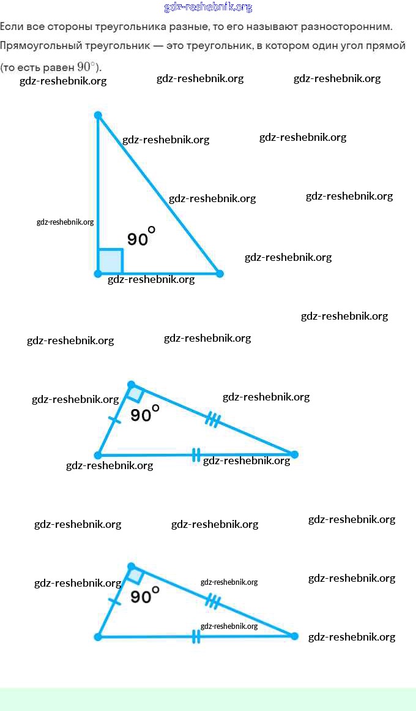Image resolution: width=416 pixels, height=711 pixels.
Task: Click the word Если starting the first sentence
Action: (x=11, y=27)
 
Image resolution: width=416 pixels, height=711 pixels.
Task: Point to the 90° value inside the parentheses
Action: (x=86, y=67)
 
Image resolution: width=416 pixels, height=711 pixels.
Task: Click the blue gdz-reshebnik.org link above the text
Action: (x=208, y=7)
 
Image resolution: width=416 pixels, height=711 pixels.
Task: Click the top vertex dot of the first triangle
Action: (x=98, y=115)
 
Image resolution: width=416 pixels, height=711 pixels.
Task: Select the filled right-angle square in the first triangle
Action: (x=110, y=261)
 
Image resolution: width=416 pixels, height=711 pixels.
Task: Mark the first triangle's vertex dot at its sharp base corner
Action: (x=220, y=273)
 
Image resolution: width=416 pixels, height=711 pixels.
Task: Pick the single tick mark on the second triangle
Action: (x=114, y=419)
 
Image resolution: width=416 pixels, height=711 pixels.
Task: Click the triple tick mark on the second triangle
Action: (x=213, y=419)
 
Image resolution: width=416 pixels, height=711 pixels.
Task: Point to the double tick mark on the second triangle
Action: (x=196, y=454)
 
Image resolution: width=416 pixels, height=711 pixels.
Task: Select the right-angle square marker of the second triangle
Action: (x=136, y=394)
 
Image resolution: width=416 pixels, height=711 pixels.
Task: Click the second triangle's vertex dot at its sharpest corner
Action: (x=294, y=454)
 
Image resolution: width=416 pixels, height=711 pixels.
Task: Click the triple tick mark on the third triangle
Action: (x=212, y=601)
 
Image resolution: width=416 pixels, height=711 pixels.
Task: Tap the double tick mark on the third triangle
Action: (x=196, y=637)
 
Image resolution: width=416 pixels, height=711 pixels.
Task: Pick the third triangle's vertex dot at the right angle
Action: (x=131, y=566)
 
